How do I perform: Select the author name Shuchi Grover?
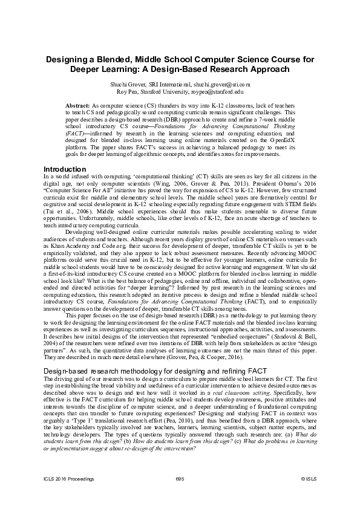(141, 85)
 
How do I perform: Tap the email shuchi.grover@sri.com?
(225, 85)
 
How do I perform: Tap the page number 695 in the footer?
(180, 478)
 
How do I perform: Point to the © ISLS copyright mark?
(307, 478)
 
